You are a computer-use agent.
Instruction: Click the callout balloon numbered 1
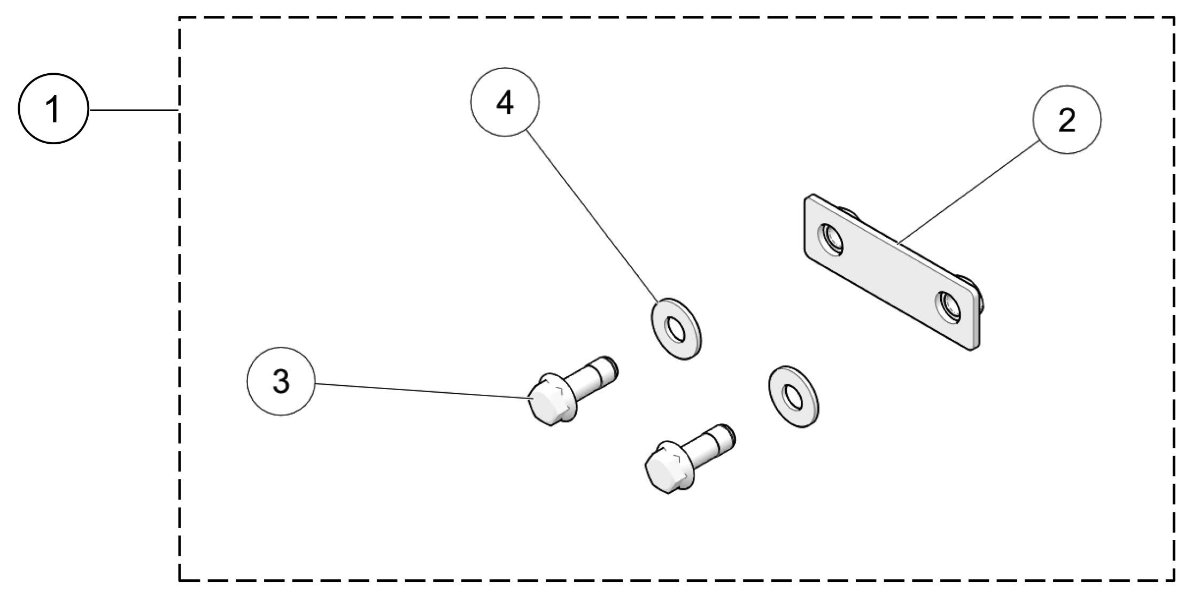coord(53,110)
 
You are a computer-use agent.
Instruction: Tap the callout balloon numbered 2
coord(1066,120)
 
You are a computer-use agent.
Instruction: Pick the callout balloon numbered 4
coord(505,102)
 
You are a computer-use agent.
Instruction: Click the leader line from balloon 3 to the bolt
coord(422,391)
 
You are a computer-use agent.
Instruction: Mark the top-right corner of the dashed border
coord(1174,18)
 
